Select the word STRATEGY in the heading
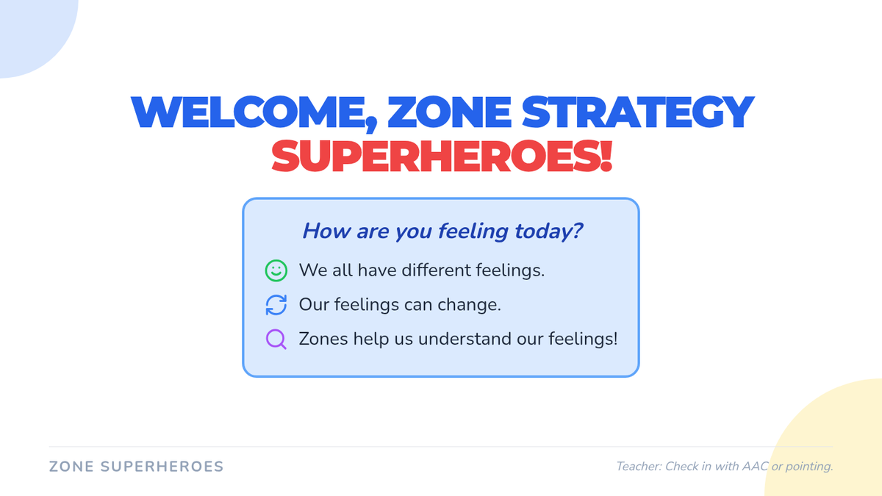pyautogui.click(x=638, y=112)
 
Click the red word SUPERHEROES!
pyautogui.click(x=442, y=156)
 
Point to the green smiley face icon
pyautogui.click(x=276, y=270)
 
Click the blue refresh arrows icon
pyautogui.click(x=276, y=305)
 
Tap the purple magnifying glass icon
pyautogui.click(x=276, y=339)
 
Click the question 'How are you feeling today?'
pyautogui.click(x=442, y=231)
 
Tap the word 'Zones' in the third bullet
pyautogui.click(x=323, y=339)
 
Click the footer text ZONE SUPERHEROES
pyautogui.click(x=136, y=467)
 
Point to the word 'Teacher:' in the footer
pyautogui.click(x=639, y=467)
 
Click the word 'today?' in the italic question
pyautogui.click(x=548, y=231)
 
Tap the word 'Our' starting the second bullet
pyautogui.click(x=314, y=305)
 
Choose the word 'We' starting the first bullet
pyautogui.click(x=313, y=270)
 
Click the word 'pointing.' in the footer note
pyautogui.click(x=809, y=467)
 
